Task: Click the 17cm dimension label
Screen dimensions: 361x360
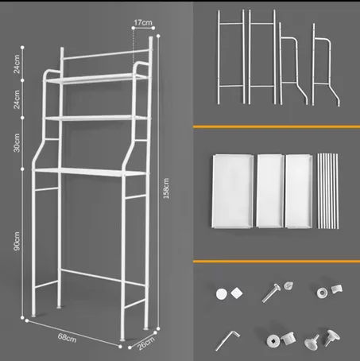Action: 144,22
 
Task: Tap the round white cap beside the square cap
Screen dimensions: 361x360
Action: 219,293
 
